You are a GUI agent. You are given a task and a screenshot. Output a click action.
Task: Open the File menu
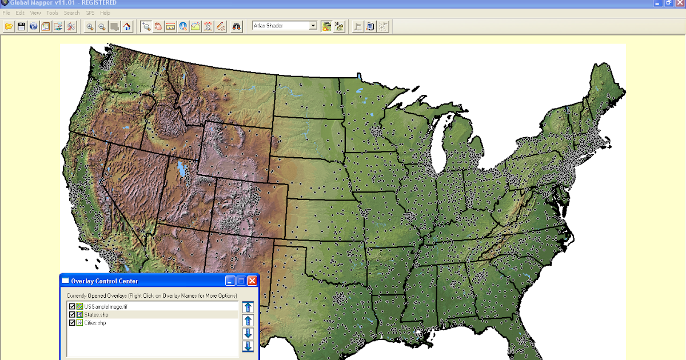coord(6,13)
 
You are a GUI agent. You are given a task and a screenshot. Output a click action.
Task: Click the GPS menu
coord(90,13)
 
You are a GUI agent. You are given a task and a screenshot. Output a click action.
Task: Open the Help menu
coord(105,13)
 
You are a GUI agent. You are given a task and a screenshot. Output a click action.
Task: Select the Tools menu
coord(52,13)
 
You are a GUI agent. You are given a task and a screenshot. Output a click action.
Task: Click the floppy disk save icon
coord(21,26)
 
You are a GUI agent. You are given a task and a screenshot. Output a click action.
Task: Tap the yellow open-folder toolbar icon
coord(9,26)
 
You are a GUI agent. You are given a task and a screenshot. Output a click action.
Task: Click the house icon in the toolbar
coord(127,26)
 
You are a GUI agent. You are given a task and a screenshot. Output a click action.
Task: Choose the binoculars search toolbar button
coord(237,26)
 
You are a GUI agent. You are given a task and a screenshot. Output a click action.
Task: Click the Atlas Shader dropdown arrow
coord(313,26)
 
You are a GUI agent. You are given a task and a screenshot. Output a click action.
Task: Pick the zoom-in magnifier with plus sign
coord(90,26)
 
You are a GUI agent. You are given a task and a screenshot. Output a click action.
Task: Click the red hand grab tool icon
coord(158,26)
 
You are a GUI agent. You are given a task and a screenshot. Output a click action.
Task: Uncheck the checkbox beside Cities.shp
coord(72,323)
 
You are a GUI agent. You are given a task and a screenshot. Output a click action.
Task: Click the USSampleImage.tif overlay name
coord(102,307)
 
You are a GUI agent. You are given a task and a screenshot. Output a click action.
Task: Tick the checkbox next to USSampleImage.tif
coord(72,307)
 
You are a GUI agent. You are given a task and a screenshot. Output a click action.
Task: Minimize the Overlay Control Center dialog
coord(230,281)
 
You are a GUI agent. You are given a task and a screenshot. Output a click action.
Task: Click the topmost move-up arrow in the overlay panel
coord(248,307)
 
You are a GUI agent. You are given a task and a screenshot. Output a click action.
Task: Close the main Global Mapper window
coord(679,3)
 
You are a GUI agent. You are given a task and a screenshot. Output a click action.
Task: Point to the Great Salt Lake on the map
coord(182,170)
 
